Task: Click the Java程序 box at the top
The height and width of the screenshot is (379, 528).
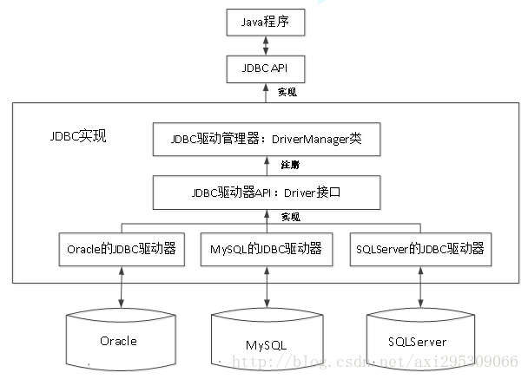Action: tap(266, 20)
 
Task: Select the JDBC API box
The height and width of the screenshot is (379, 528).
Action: tap(266, 65)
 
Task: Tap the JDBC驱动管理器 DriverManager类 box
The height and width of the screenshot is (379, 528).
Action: tap(266, 139)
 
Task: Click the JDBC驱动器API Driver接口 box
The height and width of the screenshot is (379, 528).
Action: tap(266, 192)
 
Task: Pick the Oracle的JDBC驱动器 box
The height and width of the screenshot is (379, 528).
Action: tap(121, 249)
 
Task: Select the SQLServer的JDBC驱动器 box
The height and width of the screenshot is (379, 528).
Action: tap(419, 249)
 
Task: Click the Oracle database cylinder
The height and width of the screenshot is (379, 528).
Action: tap(118, 341)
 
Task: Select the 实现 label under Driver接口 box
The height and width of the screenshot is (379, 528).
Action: tap(289, 217)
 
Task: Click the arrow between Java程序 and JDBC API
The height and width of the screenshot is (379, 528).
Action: tap(266, 42)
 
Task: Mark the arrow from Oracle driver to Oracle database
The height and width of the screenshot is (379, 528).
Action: tap(118, 286)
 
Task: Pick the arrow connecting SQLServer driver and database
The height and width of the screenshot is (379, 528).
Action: tap(420, 286)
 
